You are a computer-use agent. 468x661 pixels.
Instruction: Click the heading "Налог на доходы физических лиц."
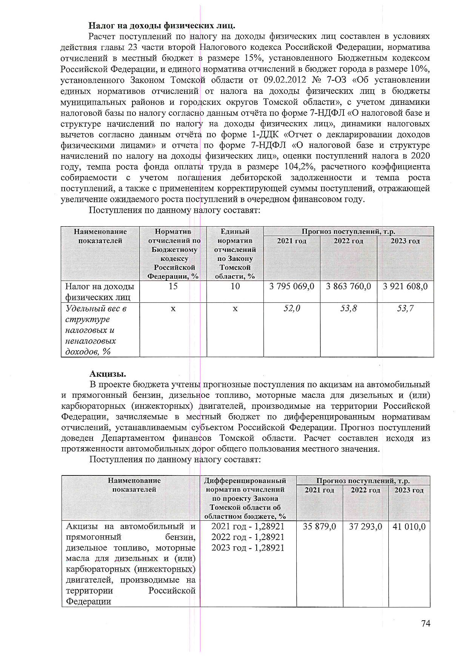[162, 26]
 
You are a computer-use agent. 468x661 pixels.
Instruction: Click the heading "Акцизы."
[108, 374]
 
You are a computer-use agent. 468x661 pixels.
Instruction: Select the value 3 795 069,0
[292, 286]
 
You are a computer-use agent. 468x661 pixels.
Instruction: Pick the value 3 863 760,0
[348, 286]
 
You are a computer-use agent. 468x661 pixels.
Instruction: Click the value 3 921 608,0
[405, 286]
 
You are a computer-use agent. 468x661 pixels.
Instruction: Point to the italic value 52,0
[292, 308]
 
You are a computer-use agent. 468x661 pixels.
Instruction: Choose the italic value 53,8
[348, 308]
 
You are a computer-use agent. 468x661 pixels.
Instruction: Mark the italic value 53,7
[405, 308]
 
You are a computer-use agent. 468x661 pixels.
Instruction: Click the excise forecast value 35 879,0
[319, 526]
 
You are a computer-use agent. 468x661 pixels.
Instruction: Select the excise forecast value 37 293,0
[365, 526]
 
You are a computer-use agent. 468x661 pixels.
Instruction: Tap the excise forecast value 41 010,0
[409, 526]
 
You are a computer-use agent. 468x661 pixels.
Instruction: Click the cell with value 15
[173, 286]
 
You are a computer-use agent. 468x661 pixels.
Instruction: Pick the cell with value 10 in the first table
[235, 286]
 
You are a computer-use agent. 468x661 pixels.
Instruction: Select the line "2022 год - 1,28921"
[248, 537]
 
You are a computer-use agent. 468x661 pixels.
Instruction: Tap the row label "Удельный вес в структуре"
[96, 314]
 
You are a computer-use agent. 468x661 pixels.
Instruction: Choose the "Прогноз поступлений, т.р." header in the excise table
[363, 481]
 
